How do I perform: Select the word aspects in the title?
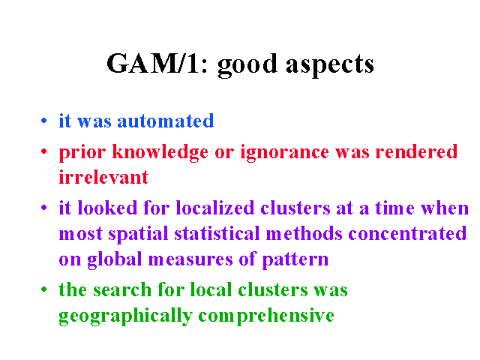click(330, 65)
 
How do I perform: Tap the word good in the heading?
click(247, 65)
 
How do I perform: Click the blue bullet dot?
click(43, 120)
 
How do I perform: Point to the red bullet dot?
click(43, 151)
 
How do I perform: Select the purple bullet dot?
click(43, 208)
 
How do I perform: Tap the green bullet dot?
click(43, 289)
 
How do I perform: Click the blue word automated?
click(166, 121)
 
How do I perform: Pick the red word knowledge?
click(160, 152)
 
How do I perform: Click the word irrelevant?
click(103, 177)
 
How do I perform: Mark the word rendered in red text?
click(416, 151)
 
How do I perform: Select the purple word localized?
click(215, 208)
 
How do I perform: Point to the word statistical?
click(217, 233)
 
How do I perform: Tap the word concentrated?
click(407, 233)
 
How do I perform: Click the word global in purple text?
click(115, 259)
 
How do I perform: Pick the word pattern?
click(295, 260)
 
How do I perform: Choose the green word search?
click(122, 289)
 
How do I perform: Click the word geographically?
click(125, 316)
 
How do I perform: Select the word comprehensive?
click(266, 316)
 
